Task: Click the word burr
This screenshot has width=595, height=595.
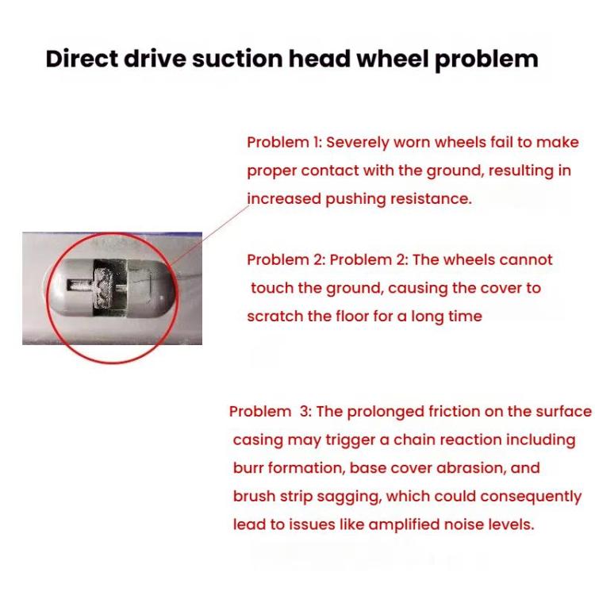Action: point(248,468)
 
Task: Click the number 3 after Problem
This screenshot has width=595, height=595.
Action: point(304,412)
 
